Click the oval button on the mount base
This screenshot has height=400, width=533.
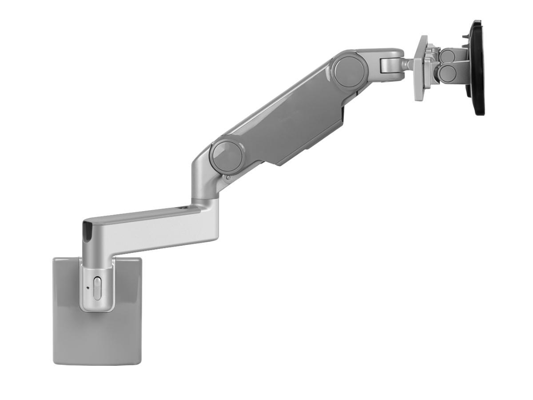97,288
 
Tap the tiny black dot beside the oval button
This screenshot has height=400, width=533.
88,287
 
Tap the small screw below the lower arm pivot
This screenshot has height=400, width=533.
228,178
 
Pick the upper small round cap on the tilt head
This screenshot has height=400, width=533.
447,56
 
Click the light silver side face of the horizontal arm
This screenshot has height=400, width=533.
151,233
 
